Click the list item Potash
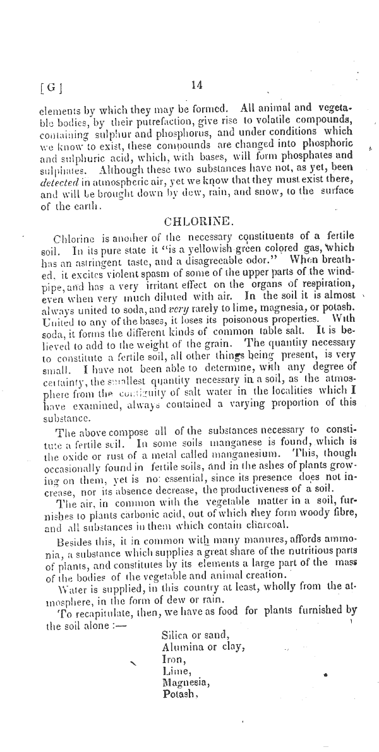point(181,695)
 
